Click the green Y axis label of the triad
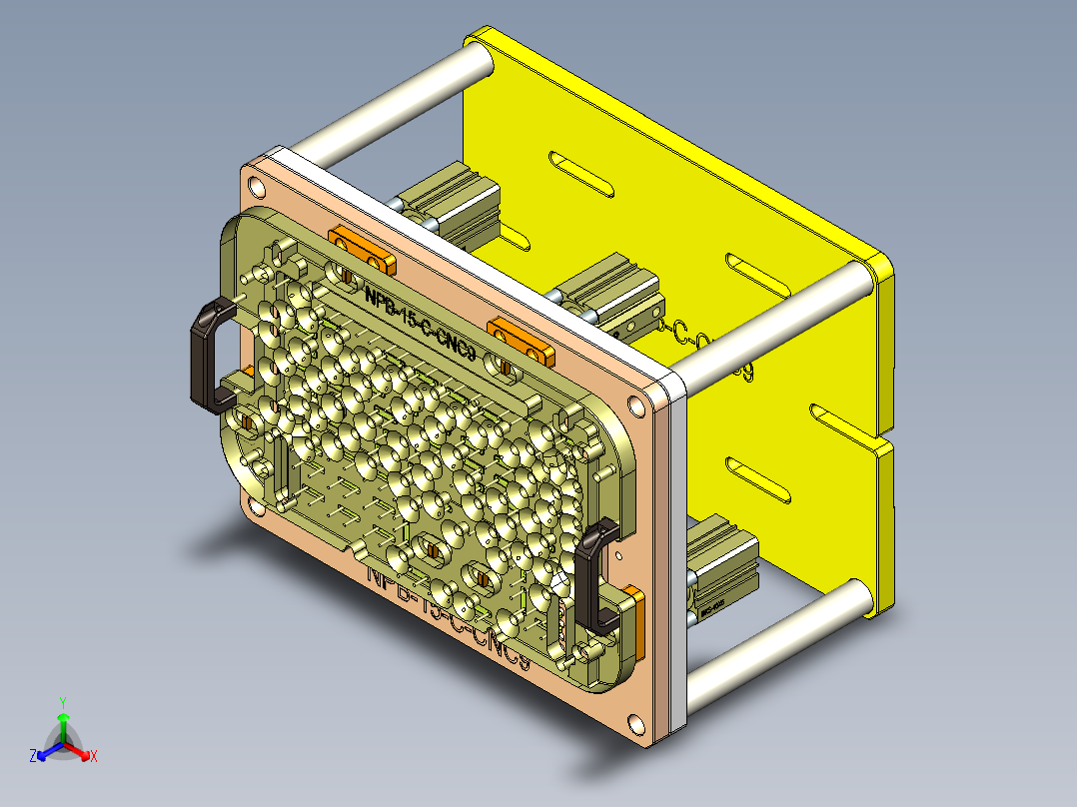point(63,701)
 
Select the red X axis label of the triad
point(93,756)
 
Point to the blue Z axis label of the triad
point(33,756)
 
